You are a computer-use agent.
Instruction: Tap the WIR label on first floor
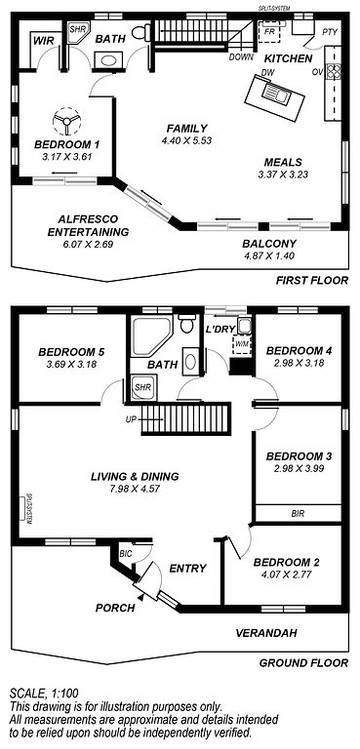[x=43, y=42]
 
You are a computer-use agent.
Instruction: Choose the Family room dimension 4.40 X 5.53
[x=186, y=142]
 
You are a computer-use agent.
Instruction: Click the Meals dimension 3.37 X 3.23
[x=290, y=175]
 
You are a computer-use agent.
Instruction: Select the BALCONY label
[x=269, y=243]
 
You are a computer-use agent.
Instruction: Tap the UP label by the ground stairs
[x=129, y=418]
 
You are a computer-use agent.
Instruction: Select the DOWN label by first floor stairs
[x=241, y=58]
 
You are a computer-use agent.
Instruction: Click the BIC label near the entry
[x=125, y=552]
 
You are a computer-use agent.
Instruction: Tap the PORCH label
[x=115, y=607]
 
